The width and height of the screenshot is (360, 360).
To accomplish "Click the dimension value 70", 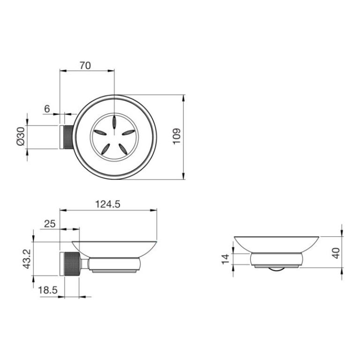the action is (85, 66).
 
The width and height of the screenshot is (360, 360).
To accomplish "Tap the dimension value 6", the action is (47, 109).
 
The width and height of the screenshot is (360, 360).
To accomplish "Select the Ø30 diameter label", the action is (21, 136).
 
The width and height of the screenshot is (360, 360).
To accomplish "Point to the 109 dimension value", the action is (177, 136).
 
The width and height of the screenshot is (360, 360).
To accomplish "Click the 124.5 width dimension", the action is (108, 204).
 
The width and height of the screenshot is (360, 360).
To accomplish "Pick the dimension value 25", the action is (50, 224).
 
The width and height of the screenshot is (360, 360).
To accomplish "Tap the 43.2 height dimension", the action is (27, 259).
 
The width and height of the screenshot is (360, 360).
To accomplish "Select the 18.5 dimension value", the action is (47, 290).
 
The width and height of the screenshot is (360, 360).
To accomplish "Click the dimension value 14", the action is (225, 259).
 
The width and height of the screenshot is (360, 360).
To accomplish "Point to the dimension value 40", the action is (336, 253).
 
